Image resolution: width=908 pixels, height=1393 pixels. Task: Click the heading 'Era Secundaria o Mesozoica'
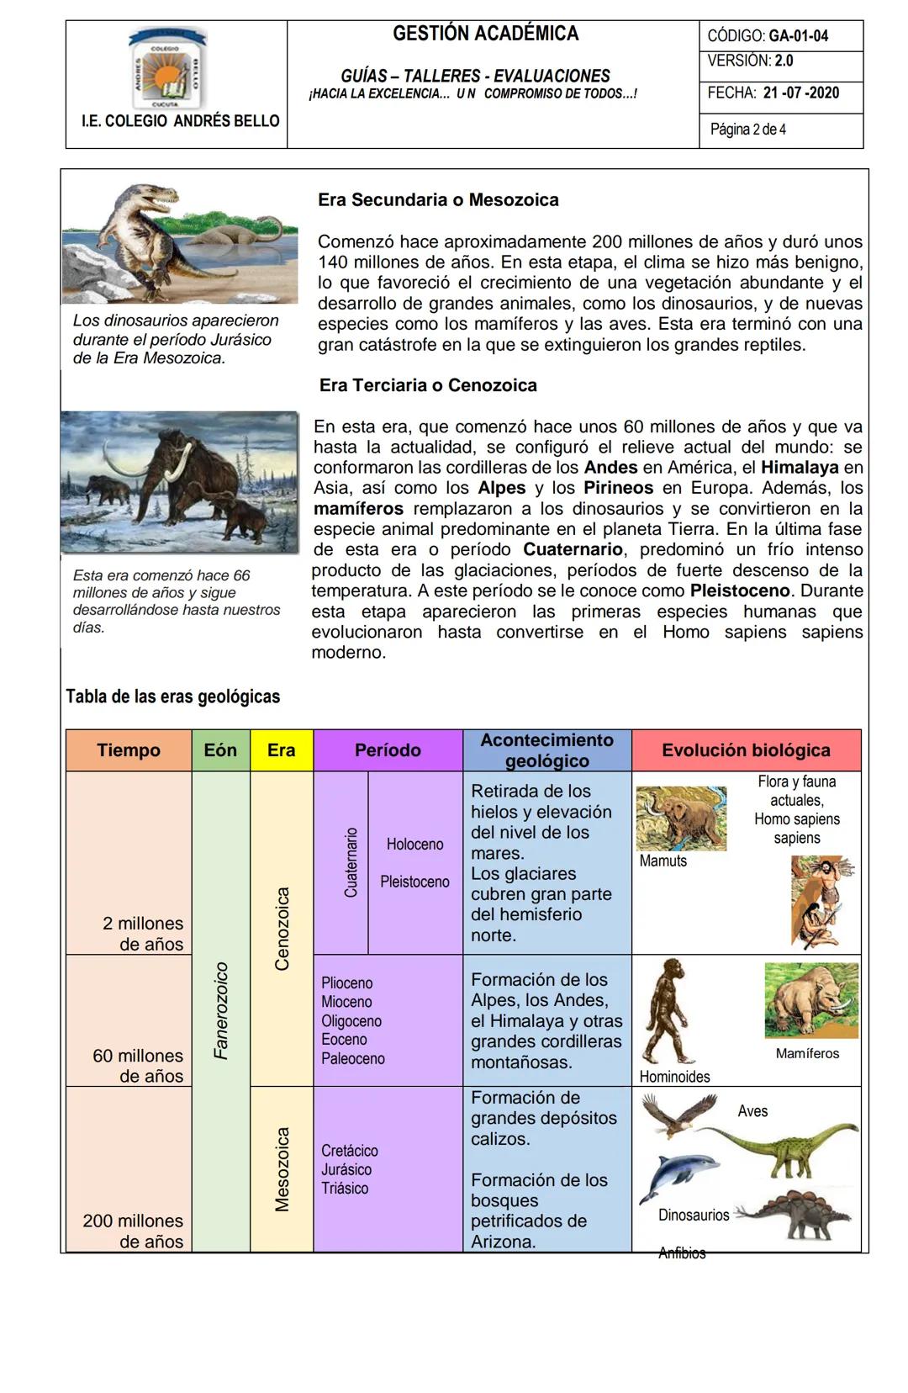coord(438,200)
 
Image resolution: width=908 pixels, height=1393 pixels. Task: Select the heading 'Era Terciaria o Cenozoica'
coord(428,385)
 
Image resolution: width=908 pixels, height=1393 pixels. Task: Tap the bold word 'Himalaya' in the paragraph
coord(800,467)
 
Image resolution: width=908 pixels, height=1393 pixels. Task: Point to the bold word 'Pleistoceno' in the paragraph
coord(740,591)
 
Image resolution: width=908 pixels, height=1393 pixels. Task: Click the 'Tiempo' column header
coord(129,750)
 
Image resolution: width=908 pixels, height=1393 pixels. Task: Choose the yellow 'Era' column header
coord(281,750)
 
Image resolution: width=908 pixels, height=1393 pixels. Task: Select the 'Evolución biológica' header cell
coord(746,750)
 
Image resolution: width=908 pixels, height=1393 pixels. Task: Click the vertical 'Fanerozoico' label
coord(221,1010)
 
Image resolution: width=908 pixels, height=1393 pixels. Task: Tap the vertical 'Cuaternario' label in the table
coord(351,862)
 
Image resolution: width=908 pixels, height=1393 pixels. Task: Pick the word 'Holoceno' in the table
coord(414,844)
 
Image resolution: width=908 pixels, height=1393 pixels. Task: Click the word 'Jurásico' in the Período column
coord(346,1169)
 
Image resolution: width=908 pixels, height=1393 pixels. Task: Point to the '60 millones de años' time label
coord(139,1066)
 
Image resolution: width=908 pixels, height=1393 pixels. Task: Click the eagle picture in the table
coord(679,1115)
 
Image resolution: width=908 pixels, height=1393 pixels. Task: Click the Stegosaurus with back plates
coord(794,1214)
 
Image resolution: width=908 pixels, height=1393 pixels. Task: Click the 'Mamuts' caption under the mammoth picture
coord(663,861)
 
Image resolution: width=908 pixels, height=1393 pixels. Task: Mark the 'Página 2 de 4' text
coord(748,130)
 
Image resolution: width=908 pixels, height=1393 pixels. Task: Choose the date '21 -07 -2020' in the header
coord(801,93)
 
